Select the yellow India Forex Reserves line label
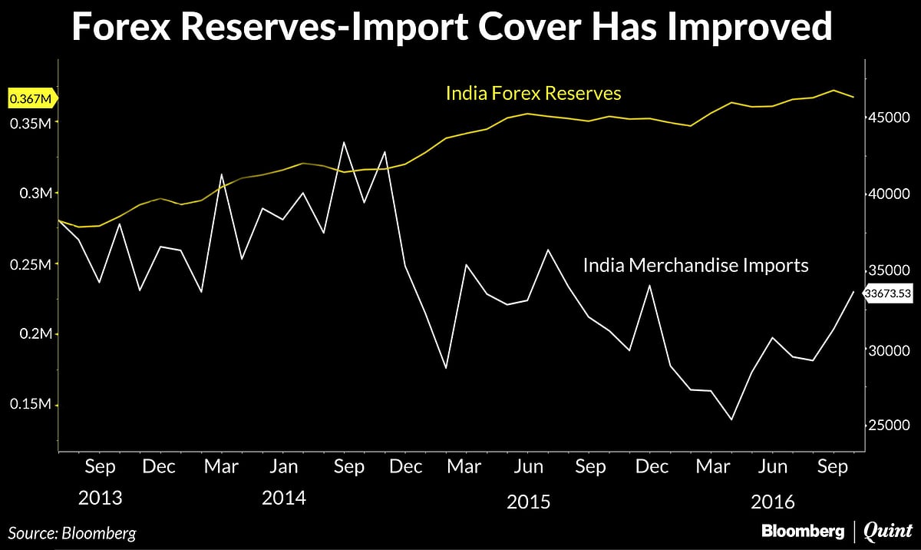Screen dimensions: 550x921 [x=533, y=94]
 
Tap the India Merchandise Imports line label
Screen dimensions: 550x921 [x=695, y=266]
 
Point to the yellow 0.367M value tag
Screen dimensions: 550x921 [x=31, y=98]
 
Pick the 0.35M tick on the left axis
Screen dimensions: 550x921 [x=31, y=123]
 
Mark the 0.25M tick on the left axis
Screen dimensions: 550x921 [x=31, y=264]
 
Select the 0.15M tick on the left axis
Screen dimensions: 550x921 [x=31, y=405]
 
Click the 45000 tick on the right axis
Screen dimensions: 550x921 [x=889, y=118]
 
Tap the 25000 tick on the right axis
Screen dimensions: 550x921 [x=889, y=426]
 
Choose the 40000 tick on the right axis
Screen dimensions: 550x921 [x=889, y=194]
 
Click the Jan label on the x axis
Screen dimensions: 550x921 [x=284, y=467]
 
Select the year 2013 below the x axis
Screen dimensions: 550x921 [x=100, y=499]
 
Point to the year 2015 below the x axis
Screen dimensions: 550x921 [x=529, y=502]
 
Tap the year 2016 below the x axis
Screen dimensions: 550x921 [x=773, y=502]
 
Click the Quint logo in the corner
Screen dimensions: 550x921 [x=888, y=531]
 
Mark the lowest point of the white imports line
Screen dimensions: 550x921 [x=731, y=419]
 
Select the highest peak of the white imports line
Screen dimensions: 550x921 [x=344, y=142]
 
